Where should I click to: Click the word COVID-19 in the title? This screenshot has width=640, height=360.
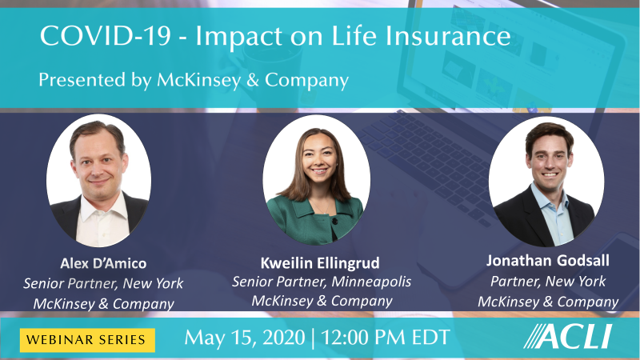tap(106, 36)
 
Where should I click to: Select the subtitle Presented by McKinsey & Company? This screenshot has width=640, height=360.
tap(194, 80)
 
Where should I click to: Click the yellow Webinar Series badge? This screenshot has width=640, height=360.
tap(87, 340)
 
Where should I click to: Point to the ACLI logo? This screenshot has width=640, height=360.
tap(568, 336)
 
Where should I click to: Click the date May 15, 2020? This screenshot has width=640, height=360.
tap(245, 338)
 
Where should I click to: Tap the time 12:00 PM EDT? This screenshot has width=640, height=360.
tap(386, 338)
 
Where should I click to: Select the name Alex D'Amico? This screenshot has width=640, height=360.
tap(103, 263)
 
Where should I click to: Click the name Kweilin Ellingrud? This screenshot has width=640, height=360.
tap(320, 263)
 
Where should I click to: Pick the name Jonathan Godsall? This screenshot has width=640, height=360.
tap(548, 261)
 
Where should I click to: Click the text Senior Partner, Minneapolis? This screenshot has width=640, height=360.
tap(322, 282)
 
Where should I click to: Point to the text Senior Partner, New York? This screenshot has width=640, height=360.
tap(103, 283)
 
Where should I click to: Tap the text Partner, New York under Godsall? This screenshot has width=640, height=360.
tap(548, 282)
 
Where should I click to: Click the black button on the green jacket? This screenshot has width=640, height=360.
tap(334, 222)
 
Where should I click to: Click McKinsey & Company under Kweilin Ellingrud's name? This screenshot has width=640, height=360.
tap(322, 301)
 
